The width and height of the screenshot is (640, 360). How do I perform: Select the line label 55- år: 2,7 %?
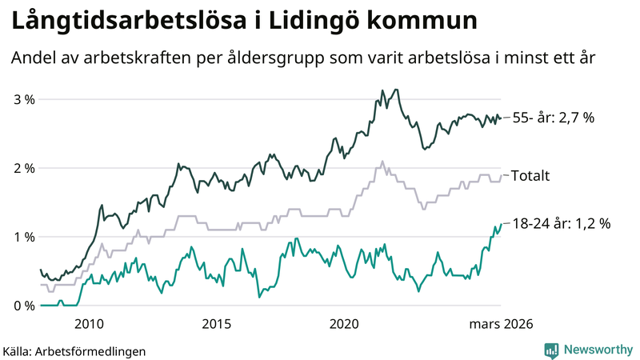coord(553,118)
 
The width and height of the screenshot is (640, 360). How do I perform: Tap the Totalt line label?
coord(530,176)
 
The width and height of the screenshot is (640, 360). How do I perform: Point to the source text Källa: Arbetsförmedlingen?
coord(74,350)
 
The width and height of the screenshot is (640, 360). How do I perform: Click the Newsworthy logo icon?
coord(551,350)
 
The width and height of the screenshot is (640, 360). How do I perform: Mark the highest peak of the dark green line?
coord(396,90)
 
